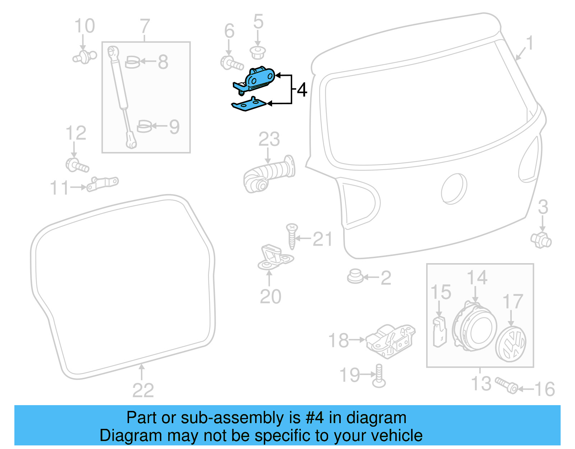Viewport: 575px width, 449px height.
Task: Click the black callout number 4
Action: [302, 90]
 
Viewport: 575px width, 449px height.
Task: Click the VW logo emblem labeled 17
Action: [511, 344]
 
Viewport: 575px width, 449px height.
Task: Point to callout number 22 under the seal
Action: [143, 390]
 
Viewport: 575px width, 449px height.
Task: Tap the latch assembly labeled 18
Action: [390, 340]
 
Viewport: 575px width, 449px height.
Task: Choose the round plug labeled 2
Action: [355, 276]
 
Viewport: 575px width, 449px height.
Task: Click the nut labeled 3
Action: [541, 240]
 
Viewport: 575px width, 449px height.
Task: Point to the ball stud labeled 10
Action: [85, 57]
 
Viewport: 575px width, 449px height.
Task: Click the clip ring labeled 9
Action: [144, 127]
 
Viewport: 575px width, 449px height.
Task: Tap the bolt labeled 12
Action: [77, 166]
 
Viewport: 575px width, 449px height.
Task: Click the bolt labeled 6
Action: [231, 64]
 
